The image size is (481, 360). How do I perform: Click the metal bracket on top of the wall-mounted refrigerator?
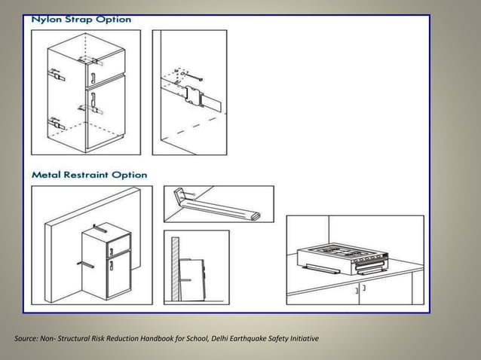point(99,225)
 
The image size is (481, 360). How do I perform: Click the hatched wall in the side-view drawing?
point(176,271)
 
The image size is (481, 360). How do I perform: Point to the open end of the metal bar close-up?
point(256,217)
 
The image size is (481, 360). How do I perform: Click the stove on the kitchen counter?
point(343,255)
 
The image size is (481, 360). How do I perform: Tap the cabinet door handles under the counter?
point(360,288)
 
